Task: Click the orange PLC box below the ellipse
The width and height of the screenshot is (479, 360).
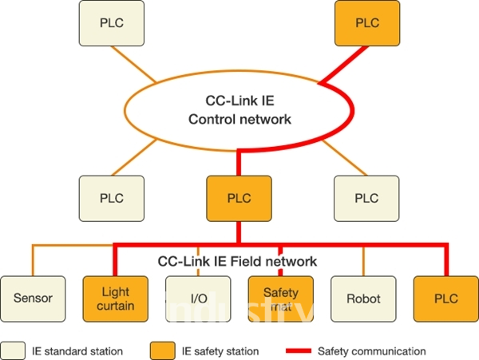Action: coord(239,197)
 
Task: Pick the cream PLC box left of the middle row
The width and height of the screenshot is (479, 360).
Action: coord(112,197)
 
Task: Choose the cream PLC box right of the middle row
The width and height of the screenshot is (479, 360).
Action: coord(366,197)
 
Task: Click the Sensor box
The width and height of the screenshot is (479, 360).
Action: coord(33,299)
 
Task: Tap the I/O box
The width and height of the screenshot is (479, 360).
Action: coord(198,299)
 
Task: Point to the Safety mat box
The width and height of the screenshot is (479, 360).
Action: coord(281,299)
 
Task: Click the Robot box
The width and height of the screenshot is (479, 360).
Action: coord(363,299)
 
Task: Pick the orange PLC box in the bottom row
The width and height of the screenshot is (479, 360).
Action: coord(445,299)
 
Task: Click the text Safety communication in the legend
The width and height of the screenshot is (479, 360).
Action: coord(371,350)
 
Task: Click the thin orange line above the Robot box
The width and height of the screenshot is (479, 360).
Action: coord(363,260)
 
